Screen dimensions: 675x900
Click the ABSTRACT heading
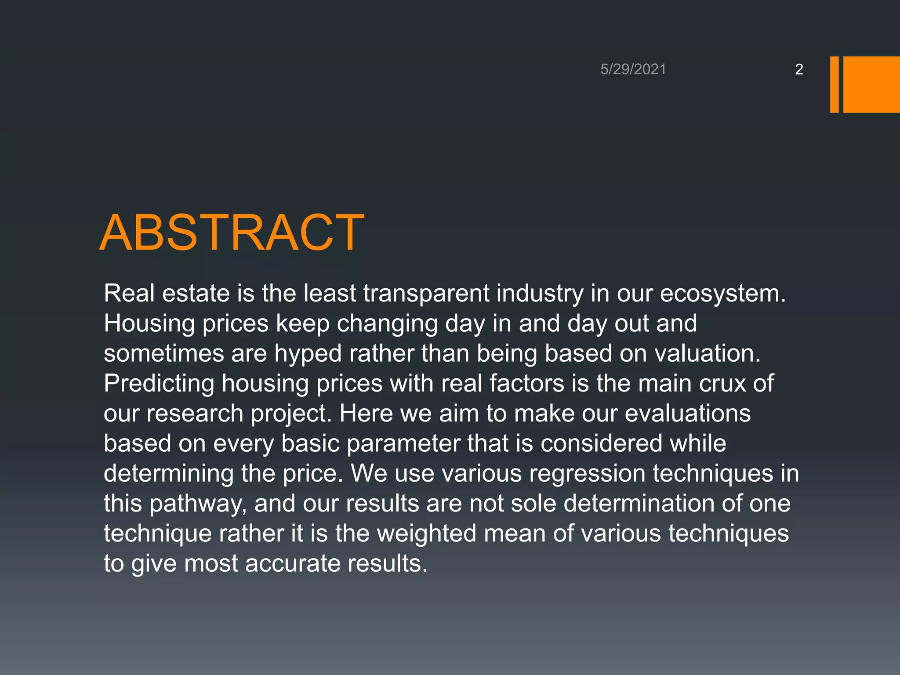click(232, 233)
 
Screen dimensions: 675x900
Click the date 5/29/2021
click(633, 69)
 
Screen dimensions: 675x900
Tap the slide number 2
click(799, 69)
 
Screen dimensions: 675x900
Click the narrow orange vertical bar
click(834, 84)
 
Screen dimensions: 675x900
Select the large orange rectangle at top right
click(871, 84)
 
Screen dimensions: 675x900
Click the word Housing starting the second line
click(149, 324)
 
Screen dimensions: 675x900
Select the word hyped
click(308, 354)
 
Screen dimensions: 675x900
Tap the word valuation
click(707, 354)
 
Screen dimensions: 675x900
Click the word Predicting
click(159, 384)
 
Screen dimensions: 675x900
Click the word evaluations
click(687, 414)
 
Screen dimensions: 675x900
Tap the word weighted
click(427, 533)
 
